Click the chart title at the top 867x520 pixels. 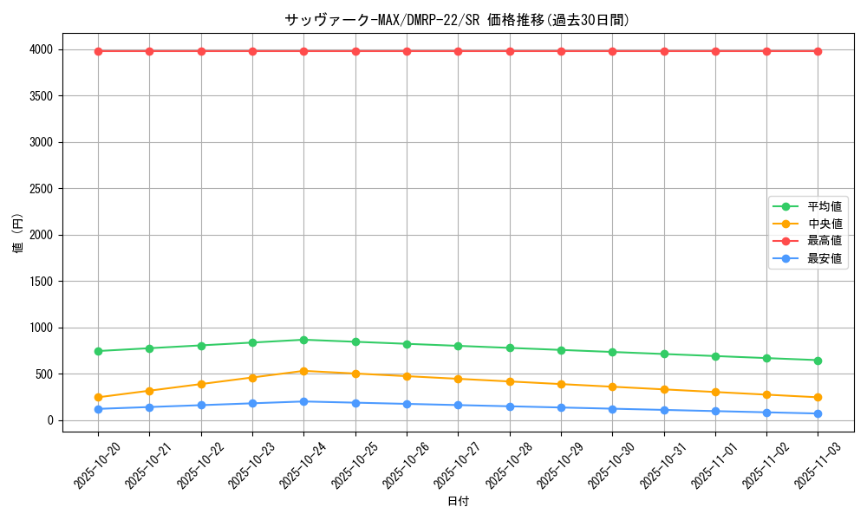pyautogui.click(x=458, y=20)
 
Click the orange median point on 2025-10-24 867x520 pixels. pyautogui.click(x=303, y=371)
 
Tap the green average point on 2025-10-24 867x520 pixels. pyautogui.click(x=303, y=340)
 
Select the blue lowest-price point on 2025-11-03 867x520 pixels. pyautogui.click(x=818, y=413)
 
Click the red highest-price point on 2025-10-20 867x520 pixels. pyautogui.click(x=98, y=51)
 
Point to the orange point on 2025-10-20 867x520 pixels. pyautogui.click(x=98, y=397)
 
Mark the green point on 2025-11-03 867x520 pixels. pyautogui.click(x=818, y=361)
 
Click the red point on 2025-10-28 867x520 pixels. pyautogui.click(x=510, y=51)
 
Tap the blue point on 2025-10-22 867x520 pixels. pyautogui.click(x=201, y=405)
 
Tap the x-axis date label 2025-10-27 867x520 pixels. pyautogui.click(x=451, y=464)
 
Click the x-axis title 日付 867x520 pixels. pyautogui.click(x=458, y=502)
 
